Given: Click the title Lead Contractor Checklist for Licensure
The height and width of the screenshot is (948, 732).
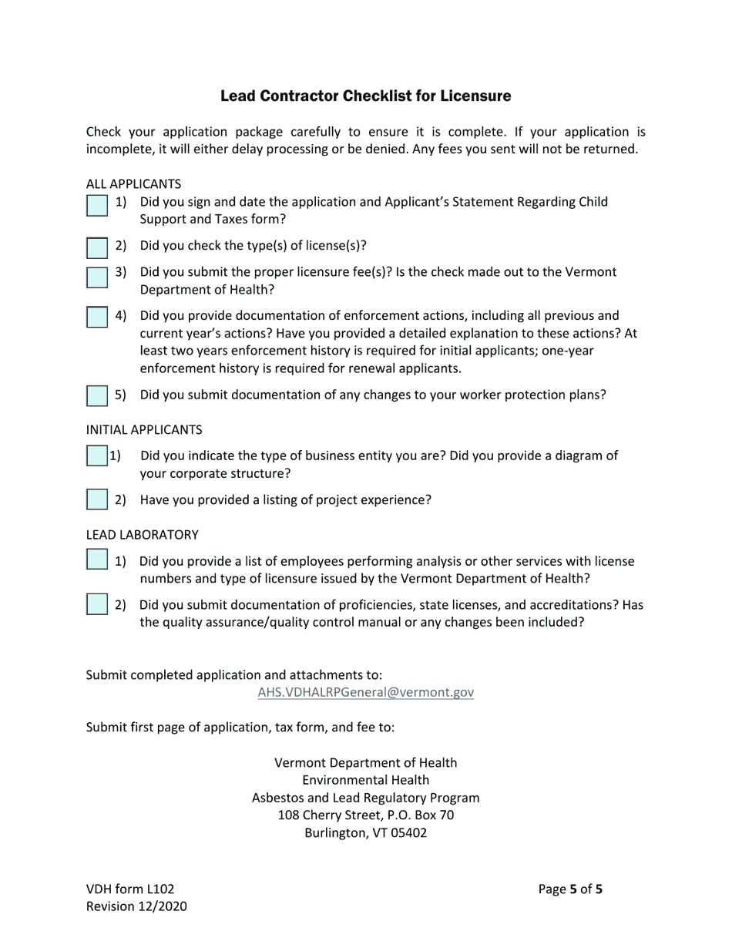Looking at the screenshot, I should coord(365,96).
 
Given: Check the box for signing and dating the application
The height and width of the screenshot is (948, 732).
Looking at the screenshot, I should coord(97,206).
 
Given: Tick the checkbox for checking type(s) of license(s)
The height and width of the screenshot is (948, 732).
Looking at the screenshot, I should coord(97,248).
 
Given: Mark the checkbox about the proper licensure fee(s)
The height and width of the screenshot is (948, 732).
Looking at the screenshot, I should coord(97,277).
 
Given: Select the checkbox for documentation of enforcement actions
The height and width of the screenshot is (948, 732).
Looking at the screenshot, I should coord(97,318).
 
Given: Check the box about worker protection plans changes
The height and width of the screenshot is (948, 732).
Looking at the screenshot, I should coord(97,395).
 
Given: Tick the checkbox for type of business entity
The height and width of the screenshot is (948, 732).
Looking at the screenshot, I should coord(96,456).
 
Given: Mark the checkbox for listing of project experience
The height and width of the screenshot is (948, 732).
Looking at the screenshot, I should coord(97,499).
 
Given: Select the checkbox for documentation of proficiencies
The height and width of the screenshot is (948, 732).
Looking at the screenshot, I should coord(97,604).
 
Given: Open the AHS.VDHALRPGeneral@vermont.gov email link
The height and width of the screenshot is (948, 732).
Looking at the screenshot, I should coord(366,692).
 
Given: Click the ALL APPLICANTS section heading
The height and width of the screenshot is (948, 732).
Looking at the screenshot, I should coord(133,184).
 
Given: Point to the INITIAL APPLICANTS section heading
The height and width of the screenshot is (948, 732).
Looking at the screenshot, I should coord(144,429).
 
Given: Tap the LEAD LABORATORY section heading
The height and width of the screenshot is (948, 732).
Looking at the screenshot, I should coord(142,535).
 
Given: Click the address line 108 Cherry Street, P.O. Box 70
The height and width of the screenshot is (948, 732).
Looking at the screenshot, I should coord(366,815).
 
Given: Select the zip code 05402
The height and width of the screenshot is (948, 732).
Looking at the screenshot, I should coord(408,833).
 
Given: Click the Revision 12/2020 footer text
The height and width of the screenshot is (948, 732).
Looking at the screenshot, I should coord(136,906).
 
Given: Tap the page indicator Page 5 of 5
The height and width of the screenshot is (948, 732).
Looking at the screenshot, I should coord(570,889).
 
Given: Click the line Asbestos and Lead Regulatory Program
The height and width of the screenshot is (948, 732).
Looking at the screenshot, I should coord(366,798).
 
